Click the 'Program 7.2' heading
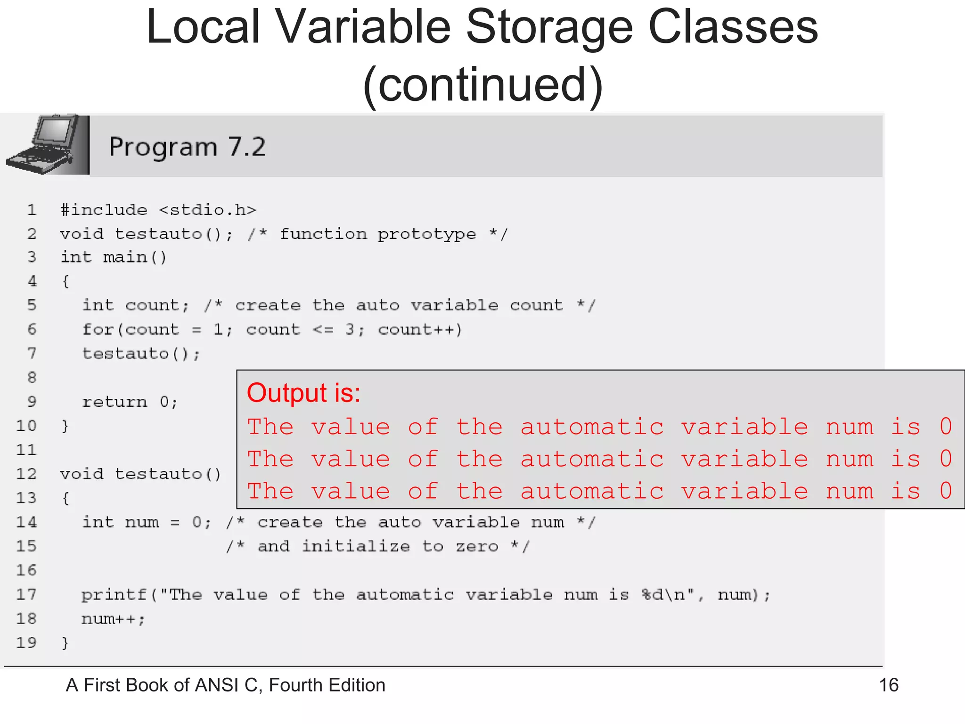pos(187,147)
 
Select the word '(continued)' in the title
pos(482,85)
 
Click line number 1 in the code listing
pos(32,210)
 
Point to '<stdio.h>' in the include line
pos(207,210)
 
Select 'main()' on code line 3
pos(135,257)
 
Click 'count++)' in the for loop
pos(420,329)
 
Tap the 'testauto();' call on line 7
pos(141,354)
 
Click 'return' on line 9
pos(114,402)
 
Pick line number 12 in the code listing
pos(26,474)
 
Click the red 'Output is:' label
pos(303,393)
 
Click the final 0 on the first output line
pos(946,427)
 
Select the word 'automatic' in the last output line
pos(592,491)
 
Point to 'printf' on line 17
pos(114,595)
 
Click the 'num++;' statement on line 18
pos(113,618)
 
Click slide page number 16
pos(889,685)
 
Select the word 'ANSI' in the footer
pos(217,685)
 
